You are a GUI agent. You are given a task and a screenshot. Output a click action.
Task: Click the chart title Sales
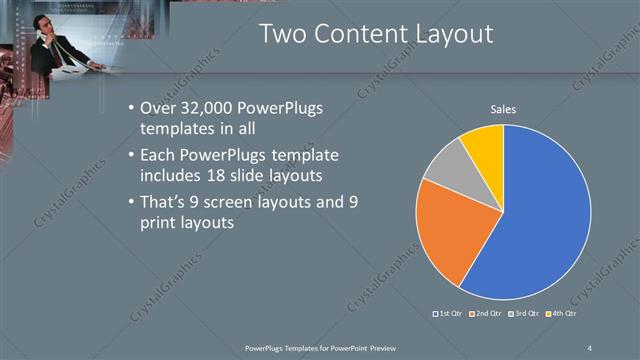(x=503, y=109)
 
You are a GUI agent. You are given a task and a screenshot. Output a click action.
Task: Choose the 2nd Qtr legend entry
(x=486, y=313)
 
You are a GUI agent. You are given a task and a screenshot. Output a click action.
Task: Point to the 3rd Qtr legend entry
(x=526, y=313)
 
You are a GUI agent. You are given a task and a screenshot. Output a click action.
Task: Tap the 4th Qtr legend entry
(x=564, y=313)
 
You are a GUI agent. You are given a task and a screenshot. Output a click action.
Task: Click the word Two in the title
(x=283, y=33)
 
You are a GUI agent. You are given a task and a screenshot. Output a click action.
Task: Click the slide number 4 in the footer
(x=590, y=347)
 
